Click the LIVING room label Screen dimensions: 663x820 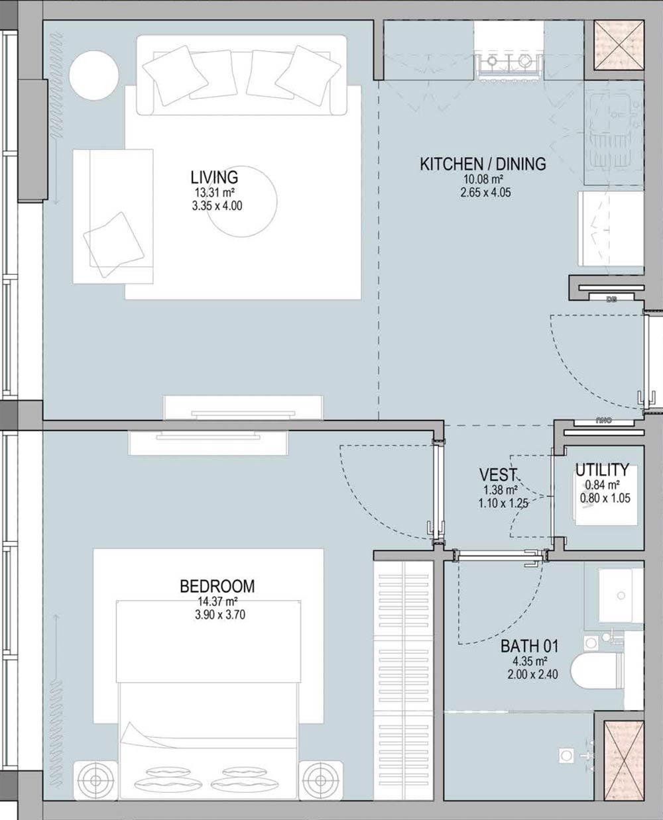point(214,178)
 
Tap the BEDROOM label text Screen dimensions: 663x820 point(217,586)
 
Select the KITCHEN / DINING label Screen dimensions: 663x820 point(483,164)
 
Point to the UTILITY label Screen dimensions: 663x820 point(602,470)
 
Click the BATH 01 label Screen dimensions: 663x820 point(529,646)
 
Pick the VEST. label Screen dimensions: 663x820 point(498,475)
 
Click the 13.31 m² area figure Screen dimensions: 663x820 point(215,193)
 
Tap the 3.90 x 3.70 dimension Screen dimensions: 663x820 point(220,615)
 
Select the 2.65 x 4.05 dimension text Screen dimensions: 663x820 point(486,192)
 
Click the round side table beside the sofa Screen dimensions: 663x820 point(93,75)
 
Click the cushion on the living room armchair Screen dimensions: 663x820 point(113,244)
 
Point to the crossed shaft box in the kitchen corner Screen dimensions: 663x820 point(619,45)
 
